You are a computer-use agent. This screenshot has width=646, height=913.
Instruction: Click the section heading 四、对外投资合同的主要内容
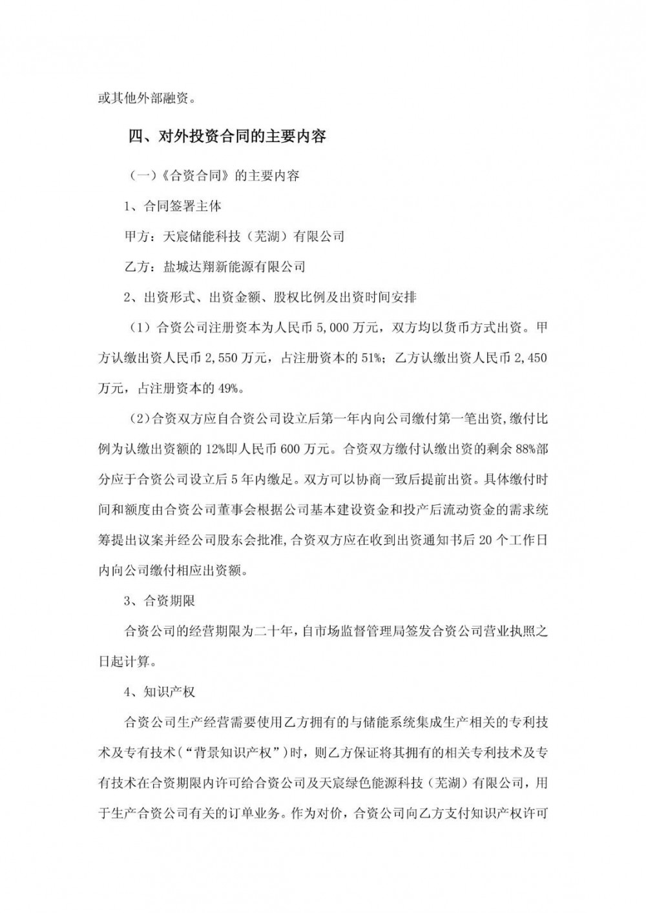[227, 137]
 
